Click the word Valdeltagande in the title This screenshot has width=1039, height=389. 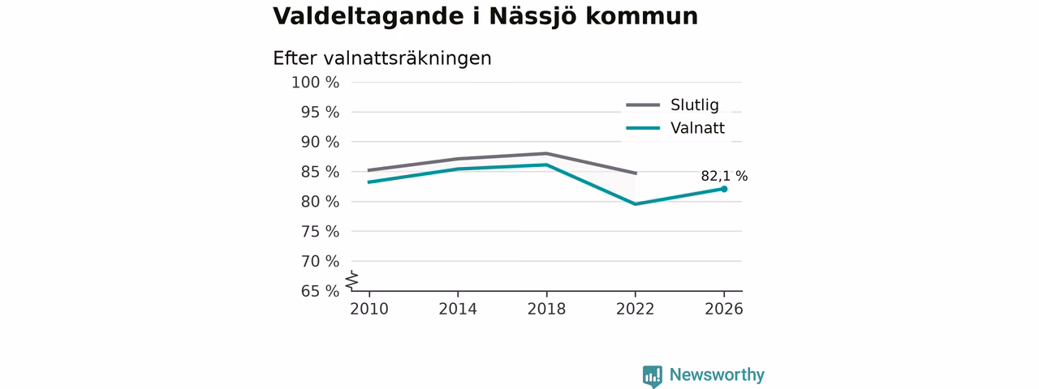[369, 18]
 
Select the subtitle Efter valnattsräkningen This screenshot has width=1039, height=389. [382, 59]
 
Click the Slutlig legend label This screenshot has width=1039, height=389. [694, 105]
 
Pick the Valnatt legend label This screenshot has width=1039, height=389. [697, 128]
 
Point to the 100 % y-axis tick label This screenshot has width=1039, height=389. [316, 83]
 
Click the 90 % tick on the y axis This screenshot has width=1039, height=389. [320, 142]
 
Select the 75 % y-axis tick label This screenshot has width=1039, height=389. [320, 232]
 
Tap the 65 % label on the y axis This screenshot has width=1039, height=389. [320, 291]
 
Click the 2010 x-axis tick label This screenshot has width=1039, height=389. [369, 310]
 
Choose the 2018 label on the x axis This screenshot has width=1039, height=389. [546, 310]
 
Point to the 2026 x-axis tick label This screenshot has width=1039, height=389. [723, 310]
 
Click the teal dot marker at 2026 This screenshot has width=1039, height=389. [724, 189]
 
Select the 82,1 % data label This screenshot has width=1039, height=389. [724, 176]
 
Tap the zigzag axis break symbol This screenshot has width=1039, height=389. [352, 280]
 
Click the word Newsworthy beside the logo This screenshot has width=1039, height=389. [717, 374]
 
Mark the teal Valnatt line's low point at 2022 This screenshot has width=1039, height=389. [635, 204]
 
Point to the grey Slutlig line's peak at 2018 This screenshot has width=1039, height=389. [546, 153]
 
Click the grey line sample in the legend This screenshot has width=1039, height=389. [643, 105]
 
